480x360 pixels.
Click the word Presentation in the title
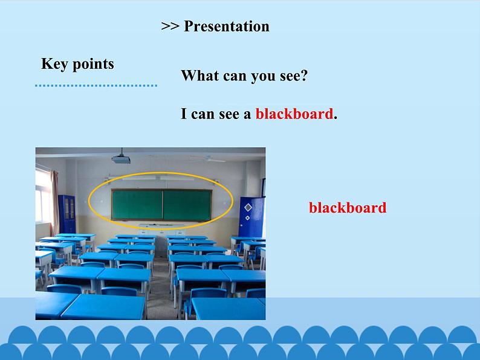click(x=226, y=27)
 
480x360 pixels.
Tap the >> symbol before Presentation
click(x=170, y=27)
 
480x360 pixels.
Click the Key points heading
click(x=77, y=64)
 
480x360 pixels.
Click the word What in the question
click(x=199, y=76)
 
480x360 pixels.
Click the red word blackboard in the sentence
click(x=294, y=114)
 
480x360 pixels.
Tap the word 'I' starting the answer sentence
click(x=184, y=114)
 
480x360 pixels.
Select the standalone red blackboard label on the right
click(x=347, y=208)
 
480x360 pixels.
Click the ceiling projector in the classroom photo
click(x=120, y=158)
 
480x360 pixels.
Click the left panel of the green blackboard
click(x=136, y=204)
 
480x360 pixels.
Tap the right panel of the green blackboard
click(x=187, y=204)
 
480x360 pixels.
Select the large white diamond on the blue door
click(x=248, y=208)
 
